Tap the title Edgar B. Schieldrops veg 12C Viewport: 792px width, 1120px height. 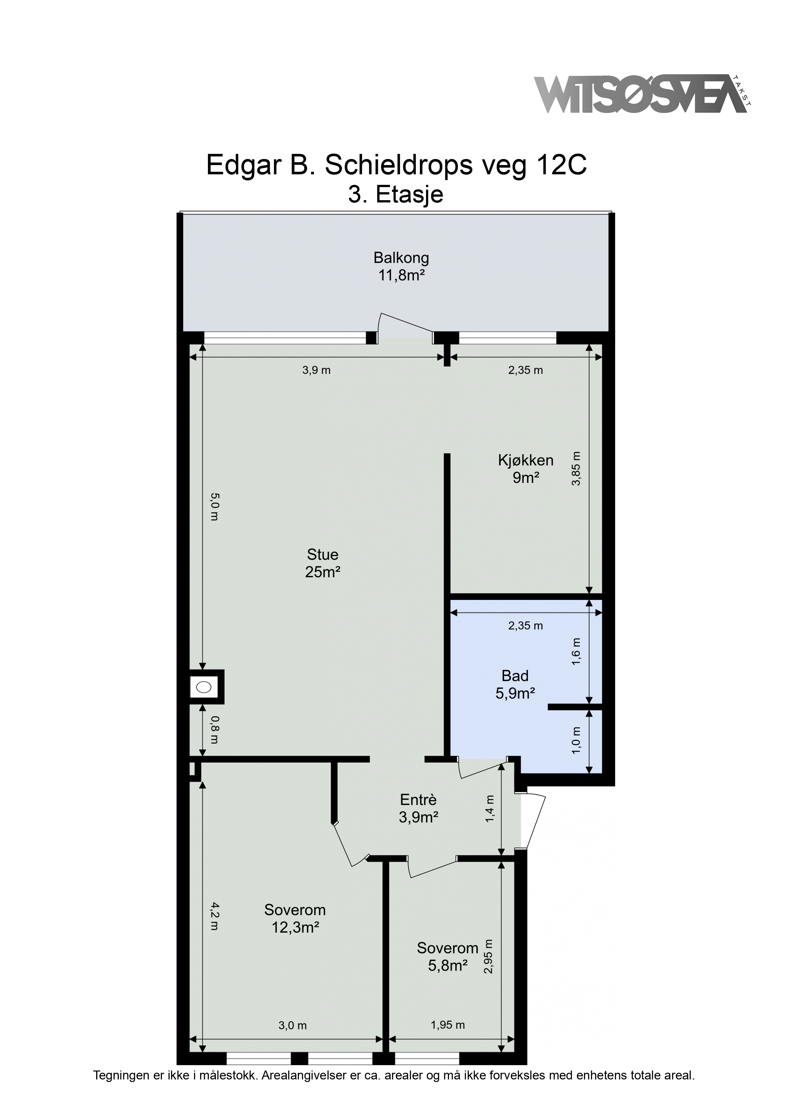coord(396,165)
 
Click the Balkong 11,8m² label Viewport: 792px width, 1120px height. coord(401,266)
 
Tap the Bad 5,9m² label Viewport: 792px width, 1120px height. coord(515,685)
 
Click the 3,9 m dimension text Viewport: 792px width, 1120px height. coord(316,370)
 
